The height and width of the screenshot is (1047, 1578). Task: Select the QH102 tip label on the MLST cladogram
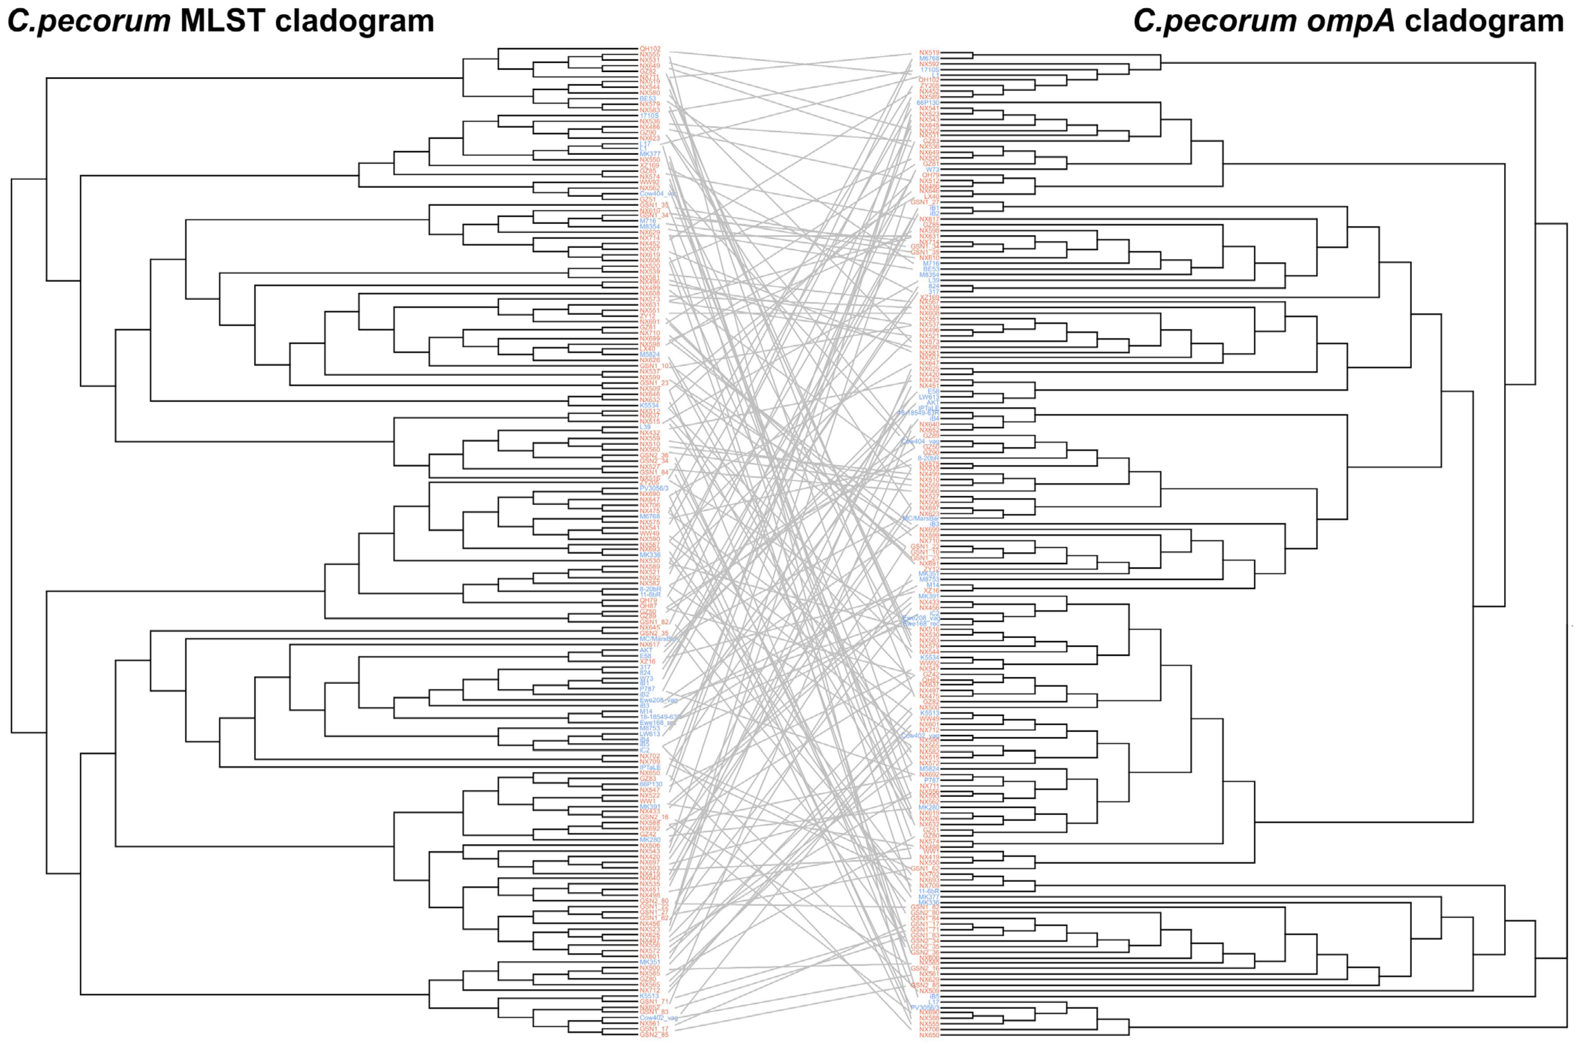pyautogui.click(x=650, y=49)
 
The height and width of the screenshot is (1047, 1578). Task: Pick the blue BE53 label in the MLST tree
pyautogui.click(x=647, y=99)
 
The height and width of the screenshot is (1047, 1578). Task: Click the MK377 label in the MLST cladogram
pyautogui.click(x=650, y=154)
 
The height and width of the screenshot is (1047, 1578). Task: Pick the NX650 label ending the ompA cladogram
pyautogui.click(x=928, y=1035)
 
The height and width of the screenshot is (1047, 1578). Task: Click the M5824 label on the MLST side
pyautogui.click(x=650, y=354)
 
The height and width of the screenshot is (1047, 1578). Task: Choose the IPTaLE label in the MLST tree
pyautogui.click(x=650, y=767)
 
